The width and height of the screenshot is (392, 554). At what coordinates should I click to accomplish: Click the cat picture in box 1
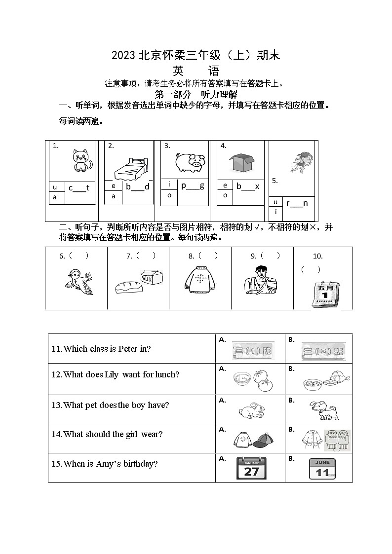(x=82, y=161)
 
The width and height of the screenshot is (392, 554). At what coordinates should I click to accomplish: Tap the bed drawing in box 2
(x=130, y=168)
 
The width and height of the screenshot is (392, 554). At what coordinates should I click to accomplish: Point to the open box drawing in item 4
(x=241, y=162)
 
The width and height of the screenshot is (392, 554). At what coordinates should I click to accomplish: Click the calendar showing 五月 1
(x=325, y=295)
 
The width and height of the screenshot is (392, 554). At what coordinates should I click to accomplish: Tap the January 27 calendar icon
(x=251, y=468)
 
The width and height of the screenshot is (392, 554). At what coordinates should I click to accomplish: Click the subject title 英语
(x=196, y=72)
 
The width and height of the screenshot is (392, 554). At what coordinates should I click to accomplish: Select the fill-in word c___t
(x=79, y=187)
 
